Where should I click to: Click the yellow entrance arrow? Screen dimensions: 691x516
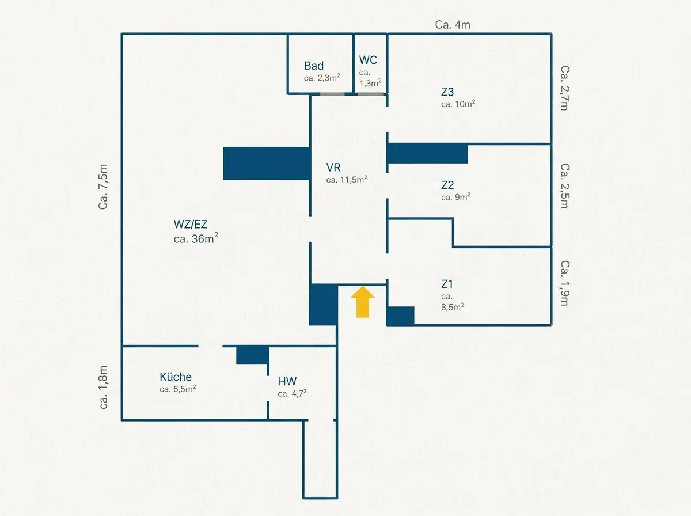point(363,302)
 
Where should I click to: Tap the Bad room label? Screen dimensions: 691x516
point(314,66)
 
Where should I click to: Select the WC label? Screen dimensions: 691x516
point(368,60)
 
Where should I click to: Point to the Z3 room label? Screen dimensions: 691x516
point(447,92)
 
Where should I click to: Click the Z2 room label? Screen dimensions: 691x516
point(447,185)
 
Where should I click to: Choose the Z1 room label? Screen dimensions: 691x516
point(447,284)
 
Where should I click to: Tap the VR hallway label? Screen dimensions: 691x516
point(333,167)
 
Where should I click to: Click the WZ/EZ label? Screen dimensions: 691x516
point(191,224)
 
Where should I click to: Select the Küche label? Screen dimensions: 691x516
point(176,377)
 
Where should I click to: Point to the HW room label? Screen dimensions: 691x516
point(287,381)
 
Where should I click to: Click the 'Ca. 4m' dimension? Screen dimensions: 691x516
point(453,25)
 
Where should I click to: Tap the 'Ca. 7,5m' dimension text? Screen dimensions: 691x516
point(103,187)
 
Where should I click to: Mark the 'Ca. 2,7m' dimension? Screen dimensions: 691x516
point(565,88)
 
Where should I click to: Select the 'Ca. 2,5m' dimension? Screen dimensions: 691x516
point(565,186)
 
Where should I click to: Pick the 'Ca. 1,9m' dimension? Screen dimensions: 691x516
point(565,283)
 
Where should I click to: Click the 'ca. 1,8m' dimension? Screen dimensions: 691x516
point(103,387)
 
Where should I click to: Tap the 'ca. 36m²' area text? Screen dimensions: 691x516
point(196,238)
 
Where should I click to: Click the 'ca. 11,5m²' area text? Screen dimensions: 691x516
point(347,180)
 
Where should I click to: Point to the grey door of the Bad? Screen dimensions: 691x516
point(332,94)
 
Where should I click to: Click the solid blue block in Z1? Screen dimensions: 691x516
point(401,316)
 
